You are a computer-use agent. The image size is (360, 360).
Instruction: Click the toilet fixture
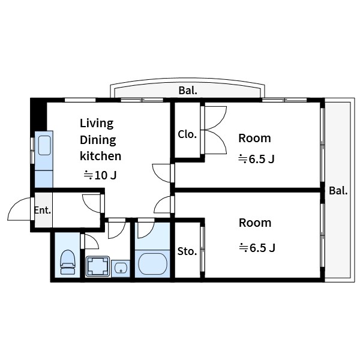[68, 262]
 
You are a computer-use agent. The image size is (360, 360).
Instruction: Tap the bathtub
[152, 264]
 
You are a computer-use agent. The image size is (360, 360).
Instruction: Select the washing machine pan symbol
[98, 266]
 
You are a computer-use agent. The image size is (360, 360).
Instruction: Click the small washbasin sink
[121, 268]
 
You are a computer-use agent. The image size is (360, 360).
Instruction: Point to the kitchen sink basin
[44, 145]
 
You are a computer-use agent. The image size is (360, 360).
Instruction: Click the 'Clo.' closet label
[187, 134]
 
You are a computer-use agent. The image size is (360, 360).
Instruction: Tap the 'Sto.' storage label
[187, 251]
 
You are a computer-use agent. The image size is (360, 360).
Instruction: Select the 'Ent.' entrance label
[43, 210]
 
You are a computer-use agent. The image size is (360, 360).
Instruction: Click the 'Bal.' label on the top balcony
[188, 91]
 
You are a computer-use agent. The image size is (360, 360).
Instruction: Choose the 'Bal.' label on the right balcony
[338, 191]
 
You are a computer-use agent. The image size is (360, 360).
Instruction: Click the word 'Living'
[97, 124]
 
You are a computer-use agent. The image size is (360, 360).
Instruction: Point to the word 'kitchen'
[101, 156]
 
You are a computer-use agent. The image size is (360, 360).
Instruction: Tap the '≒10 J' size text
[100, 175]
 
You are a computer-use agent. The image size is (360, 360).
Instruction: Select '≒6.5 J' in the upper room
[256, 159]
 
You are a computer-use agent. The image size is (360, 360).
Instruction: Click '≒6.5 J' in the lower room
[257, 248]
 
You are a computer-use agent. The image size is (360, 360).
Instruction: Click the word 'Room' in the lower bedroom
[255, 223]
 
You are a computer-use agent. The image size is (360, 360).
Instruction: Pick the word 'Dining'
[98, 140]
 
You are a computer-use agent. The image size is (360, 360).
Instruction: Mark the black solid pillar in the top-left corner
[38, 115]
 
